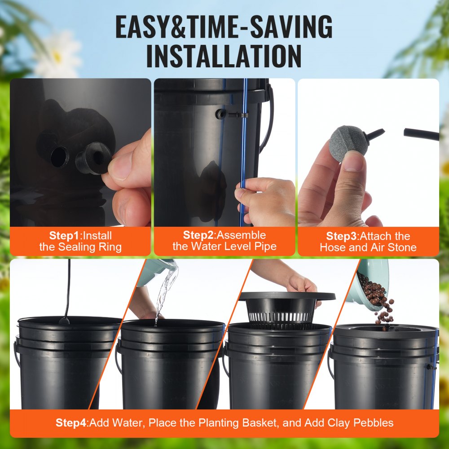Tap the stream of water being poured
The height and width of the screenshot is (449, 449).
point(164,292)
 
